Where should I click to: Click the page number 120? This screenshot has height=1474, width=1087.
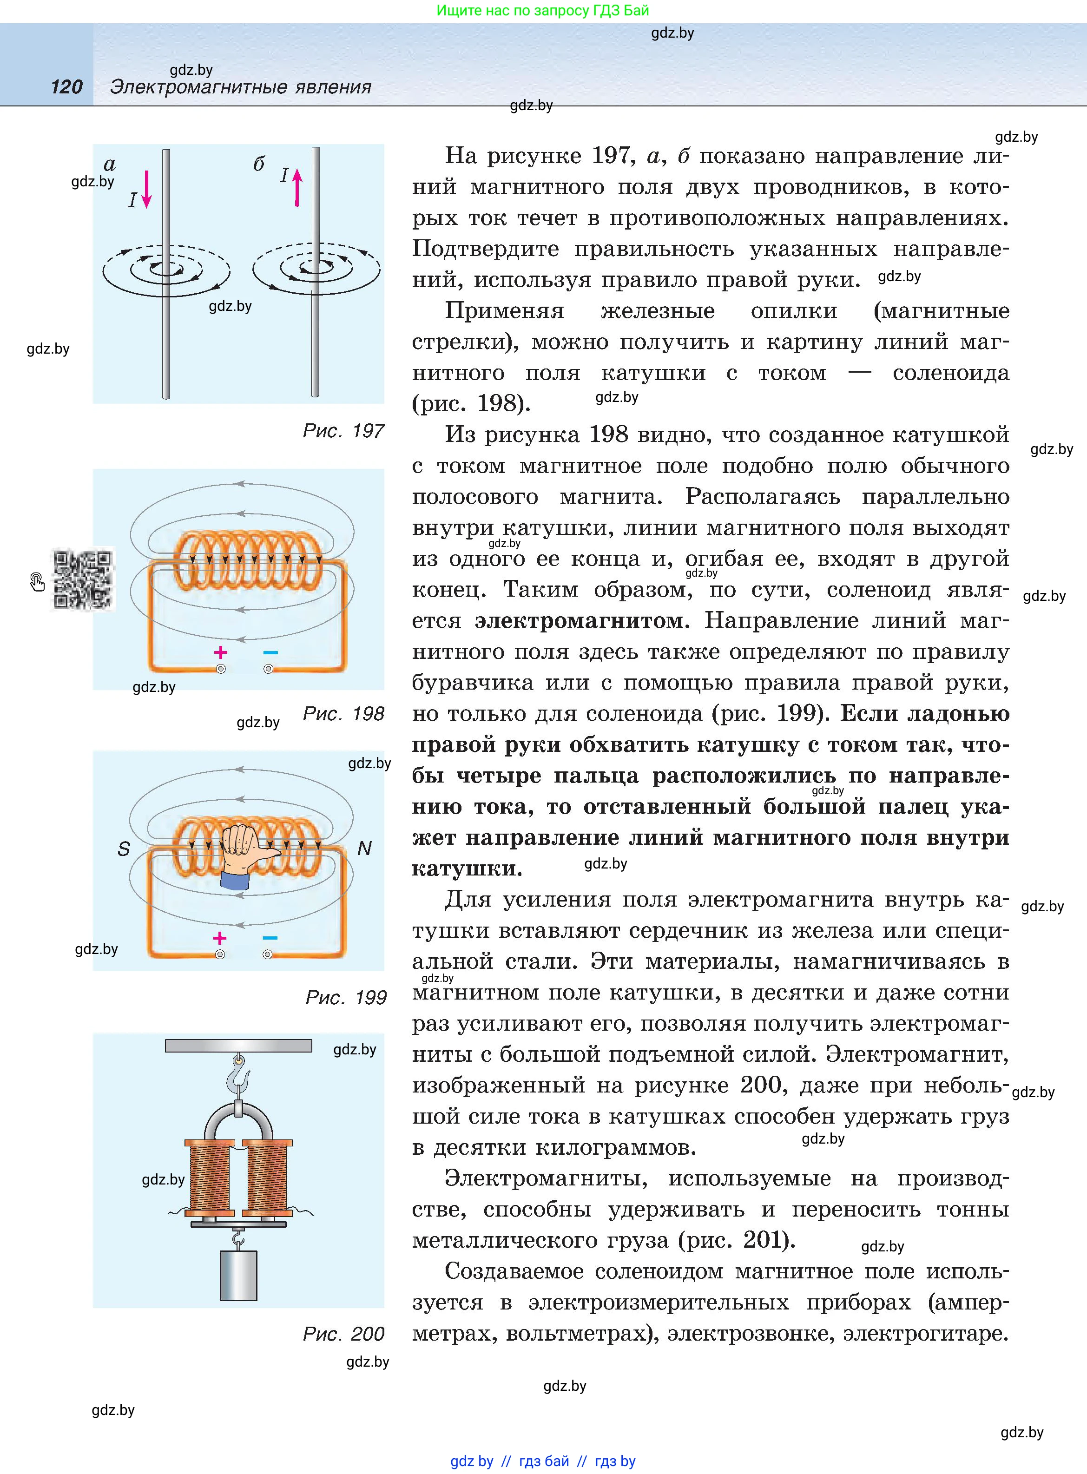tap(66, 87)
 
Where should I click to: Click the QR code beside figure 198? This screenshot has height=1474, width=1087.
tap(82, 579)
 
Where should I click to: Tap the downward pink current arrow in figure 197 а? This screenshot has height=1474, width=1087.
tap(147, 190)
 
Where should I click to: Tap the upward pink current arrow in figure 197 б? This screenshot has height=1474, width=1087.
tap(297, 187)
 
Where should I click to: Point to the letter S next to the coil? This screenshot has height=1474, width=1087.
tap(124, 849)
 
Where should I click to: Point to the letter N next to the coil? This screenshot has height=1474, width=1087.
tap(364, 849)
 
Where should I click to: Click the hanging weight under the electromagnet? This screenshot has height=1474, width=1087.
tap(238, 1276)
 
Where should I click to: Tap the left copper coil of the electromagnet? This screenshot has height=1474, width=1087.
tap(209, 1178)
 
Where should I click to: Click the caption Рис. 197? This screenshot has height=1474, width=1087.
tap(343, 431)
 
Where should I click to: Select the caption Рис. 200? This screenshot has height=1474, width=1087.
tap(343, 1334)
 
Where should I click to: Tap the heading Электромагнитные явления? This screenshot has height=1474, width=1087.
tap(241, 87)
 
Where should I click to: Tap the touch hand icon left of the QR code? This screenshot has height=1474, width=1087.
tap(37, 581)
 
